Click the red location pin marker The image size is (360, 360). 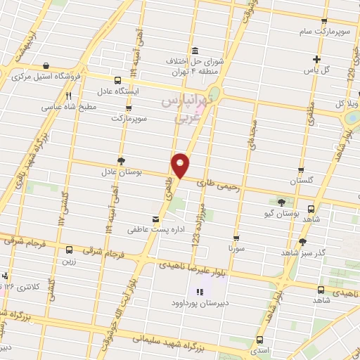(x=181, y=165)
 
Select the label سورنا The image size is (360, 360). (x=236, y=249)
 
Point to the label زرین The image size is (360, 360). (x=70, y=260)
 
